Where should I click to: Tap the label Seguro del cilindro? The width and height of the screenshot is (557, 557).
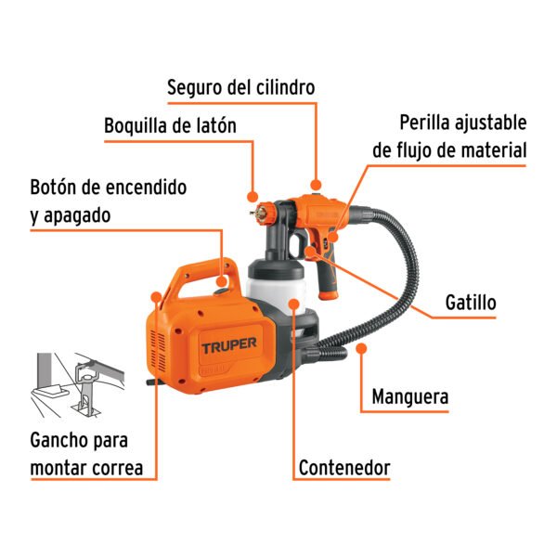pos(241,87)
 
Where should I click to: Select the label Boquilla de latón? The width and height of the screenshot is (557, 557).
pos(170,125)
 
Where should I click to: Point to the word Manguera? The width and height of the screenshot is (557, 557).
pos(410,397)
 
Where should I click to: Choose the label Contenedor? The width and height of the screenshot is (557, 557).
pos(344,467)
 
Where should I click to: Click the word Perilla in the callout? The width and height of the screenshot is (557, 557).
pos(430,123)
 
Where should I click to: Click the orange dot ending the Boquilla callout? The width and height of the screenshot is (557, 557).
pos(253,196)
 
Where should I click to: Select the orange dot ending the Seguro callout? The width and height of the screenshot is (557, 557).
pos(316,184)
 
